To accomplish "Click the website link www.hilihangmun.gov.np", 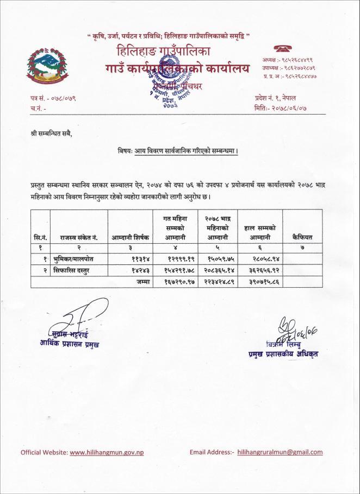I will pyautogui.click(x=107, y=452).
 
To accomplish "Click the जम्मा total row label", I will pyautogui.click(x=143, y=281).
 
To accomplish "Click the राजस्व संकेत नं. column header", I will pyautogui.click(x=79, y=237).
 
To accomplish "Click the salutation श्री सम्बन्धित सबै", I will pyautogui.click(x=51, y=132).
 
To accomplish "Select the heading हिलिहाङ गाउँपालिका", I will pyautogui.click(x=163, y=53).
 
